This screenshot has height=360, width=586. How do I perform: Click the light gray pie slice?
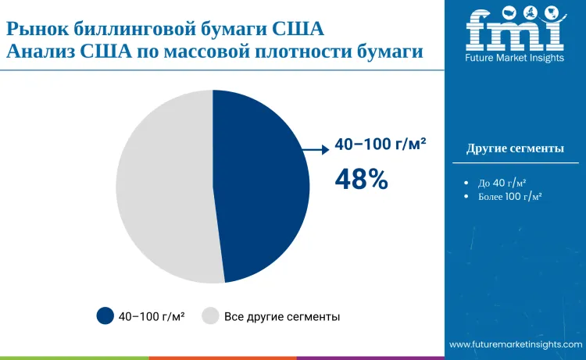(164, 187)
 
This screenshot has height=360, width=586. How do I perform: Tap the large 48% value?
(362, 180)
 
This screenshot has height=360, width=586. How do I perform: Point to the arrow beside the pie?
(316, 150)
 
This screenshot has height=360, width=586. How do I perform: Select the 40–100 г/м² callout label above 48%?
(381, 144)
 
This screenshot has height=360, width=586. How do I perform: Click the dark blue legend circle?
(105, 316)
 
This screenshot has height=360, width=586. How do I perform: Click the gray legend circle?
(210, 316)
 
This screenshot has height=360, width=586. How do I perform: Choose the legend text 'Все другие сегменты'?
(282, 317)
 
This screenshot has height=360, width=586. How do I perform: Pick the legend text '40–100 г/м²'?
(152, 317)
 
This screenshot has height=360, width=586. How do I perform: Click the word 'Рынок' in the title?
(38, 29)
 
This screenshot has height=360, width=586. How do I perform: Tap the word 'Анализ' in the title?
(41, 52)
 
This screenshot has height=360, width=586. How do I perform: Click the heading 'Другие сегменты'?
(515, 148)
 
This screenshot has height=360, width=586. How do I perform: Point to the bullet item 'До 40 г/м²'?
(502, 183)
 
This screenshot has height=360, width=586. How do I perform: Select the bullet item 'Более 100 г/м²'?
(509, 197)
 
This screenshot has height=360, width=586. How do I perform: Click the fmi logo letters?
(515, 29)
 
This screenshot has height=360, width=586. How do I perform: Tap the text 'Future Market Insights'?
(515, 58)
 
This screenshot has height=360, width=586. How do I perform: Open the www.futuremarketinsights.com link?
(516, 344)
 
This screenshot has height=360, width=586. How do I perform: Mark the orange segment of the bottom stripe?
(223, 358)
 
